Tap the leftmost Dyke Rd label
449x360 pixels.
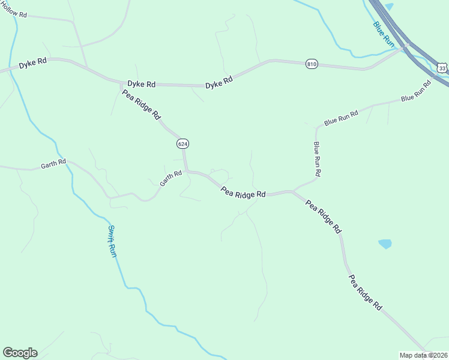click(x=32, y=64)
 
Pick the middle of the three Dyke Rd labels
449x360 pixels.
click(x=141, y=85)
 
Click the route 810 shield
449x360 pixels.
click(x=311, y=64)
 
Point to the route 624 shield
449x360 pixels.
click(x=182, y=144)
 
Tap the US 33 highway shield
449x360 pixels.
click(x=442, y=68)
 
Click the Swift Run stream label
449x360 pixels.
click(x=112, y=241)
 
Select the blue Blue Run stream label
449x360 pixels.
click(x=382, y=34)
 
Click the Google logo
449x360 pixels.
click(x=20, y=353)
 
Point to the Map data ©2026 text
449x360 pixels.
click(x=424, y=355)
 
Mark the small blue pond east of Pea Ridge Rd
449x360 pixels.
click(x=385, y=244)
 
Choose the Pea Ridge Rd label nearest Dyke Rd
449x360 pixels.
click(x=142, y=104)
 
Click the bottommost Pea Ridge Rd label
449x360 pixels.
click(x=365, y=293)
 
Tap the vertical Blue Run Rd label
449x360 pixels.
click(x=317, y=158)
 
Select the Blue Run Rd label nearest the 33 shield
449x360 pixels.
click(x=416, y=90)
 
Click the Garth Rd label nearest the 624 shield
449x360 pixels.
click(x=170, y=178)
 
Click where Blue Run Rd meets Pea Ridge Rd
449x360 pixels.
click(x=294, y=191)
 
